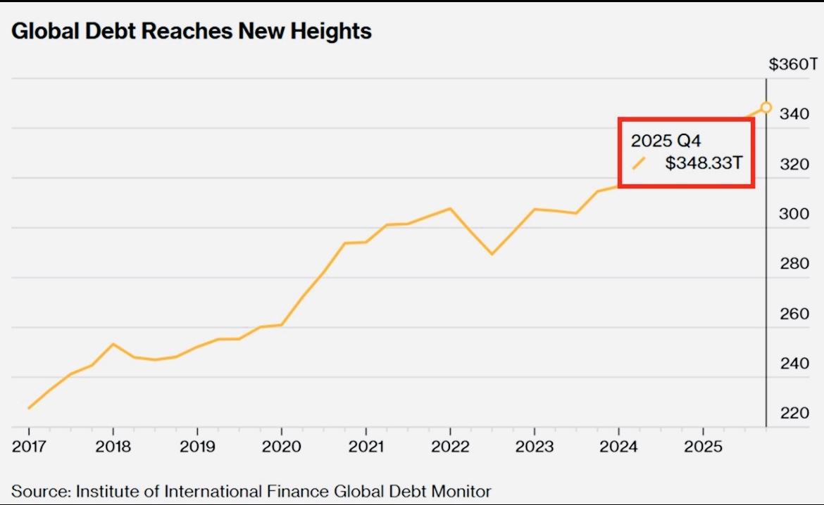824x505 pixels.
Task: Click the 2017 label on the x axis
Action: pos(29,447)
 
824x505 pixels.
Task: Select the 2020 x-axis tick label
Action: pos(282,447)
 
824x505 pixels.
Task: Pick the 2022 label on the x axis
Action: pos(450,447)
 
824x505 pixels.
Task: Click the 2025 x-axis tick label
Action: pos(703,447)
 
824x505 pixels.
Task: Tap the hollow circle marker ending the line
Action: pos(766,108)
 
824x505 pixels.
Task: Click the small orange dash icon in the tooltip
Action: pos(639,163)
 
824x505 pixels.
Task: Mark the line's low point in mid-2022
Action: pos(492,254)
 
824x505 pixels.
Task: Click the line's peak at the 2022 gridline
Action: pos(450,208)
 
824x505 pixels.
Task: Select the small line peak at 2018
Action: pos(113,344)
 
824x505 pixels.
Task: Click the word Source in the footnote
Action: pos(39,490)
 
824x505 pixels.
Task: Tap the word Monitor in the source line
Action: pos(463,490)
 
